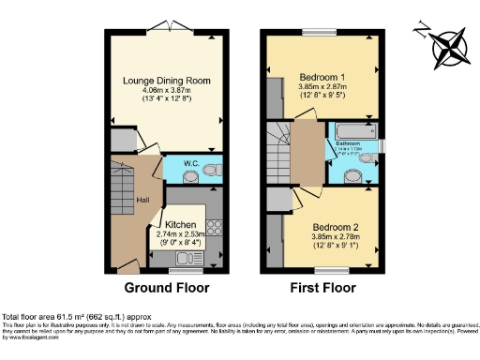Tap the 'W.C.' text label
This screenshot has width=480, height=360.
pyautogui.click(x=190, y=165)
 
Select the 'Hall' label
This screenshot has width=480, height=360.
pyautogui.click(x=142, y=200)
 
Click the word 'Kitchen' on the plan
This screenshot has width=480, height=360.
pyautogui.click(x=181, y=226)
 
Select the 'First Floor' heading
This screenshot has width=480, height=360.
pyautogui.click(x=322, y=288)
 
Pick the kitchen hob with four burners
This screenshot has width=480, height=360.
pyautogui.click(x=212, y=227)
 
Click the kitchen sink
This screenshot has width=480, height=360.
pyautogui.click(x=173, y=256)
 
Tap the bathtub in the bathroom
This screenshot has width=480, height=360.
pyautogui.click(x=353, y=128)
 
